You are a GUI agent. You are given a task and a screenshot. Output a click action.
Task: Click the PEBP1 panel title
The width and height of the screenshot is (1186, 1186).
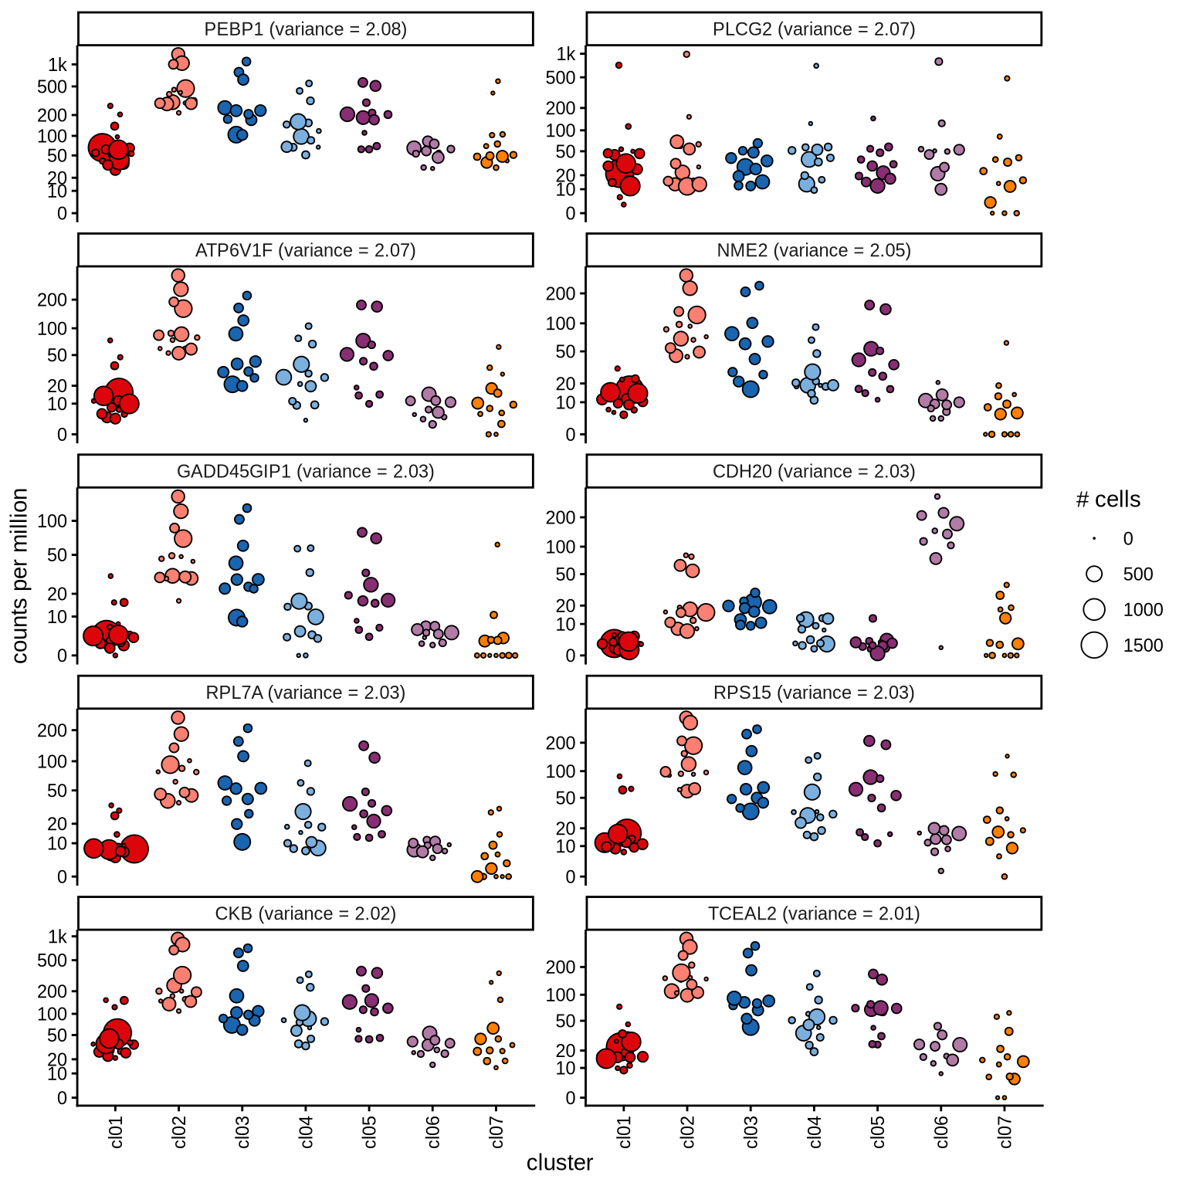(x=305, y=29)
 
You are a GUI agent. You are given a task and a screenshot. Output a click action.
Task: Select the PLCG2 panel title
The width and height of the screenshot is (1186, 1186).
(x=814, y=29)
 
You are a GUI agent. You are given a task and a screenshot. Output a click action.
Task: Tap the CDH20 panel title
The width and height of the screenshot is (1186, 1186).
(x=814, y=472)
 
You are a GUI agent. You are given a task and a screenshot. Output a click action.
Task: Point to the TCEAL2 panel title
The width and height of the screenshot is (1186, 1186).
(x=814, y=914)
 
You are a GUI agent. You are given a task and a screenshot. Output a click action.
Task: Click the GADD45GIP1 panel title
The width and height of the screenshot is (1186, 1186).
(x=305, y=472)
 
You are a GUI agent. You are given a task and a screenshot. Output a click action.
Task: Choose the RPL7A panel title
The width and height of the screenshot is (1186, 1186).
(x=305, y=693)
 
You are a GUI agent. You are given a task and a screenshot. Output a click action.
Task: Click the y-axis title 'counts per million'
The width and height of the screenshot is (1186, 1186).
(x=20, y=575)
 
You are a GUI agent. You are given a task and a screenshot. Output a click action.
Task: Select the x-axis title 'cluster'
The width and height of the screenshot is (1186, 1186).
(x=560, y=1163)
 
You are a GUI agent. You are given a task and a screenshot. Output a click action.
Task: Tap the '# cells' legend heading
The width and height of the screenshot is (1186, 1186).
(x=1108, y=500)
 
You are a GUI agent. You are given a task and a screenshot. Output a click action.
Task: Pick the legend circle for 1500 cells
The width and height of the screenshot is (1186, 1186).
(x=1094, y=645)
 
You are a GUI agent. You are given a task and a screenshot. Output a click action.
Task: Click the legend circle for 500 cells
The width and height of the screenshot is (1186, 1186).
(x=1094, y=574)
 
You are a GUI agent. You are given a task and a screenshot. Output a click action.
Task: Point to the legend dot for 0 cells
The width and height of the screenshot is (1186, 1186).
(x=1094, y=538)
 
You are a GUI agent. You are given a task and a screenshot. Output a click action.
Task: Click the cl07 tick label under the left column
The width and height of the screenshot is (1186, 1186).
(x=496, y=1133)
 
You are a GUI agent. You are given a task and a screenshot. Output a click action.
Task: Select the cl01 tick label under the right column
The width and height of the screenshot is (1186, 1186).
(x=625, y=1133)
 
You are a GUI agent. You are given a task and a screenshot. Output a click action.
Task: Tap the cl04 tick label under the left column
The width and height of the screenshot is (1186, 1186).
(x=307, y=1133)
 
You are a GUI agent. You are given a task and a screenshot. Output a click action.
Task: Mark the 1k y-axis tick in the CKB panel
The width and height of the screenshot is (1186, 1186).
(x=58, y=937)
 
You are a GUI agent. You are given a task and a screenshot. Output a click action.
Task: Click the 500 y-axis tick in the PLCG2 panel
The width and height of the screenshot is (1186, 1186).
(x=561, y=77)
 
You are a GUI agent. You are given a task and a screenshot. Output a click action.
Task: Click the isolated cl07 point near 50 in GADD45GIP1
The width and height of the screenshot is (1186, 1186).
(x=497, y=545)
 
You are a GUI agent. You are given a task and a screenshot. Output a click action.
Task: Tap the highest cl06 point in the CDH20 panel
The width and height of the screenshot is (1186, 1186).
(x=937, y=496)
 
